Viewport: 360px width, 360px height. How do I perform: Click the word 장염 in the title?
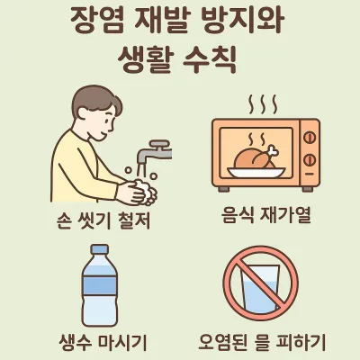98,20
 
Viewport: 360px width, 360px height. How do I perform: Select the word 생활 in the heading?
145,59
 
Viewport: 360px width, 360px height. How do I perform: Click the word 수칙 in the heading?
210,59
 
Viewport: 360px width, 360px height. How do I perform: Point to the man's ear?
83,115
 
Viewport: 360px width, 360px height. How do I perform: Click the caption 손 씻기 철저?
103,221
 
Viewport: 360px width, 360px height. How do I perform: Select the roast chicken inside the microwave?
255,158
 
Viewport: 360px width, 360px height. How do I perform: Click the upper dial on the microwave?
310,139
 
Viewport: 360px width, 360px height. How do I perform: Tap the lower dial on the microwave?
310,160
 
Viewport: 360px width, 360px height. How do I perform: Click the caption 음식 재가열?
265,215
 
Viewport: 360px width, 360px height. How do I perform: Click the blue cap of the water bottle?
99,249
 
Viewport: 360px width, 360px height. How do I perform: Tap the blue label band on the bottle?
99,285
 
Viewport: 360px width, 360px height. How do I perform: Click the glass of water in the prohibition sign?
260,289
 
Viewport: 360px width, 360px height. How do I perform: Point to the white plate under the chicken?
256,172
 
